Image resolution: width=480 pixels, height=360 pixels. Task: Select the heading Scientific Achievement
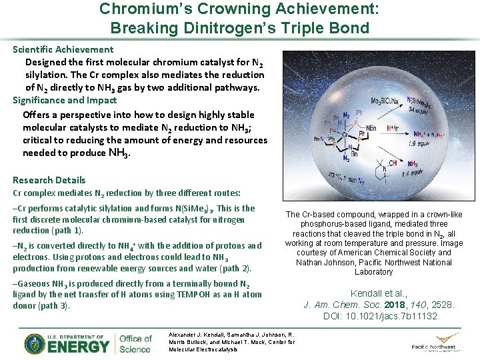pos(63,49)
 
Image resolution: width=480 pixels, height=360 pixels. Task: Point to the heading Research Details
pos(49,180)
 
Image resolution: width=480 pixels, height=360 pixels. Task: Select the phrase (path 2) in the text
pos(233,268)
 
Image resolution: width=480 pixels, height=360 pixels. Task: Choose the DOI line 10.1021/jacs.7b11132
pos(380,316)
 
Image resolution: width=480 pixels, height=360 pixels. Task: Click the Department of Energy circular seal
pos(35,343)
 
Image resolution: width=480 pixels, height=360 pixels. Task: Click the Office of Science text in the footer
pos(136,343)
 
